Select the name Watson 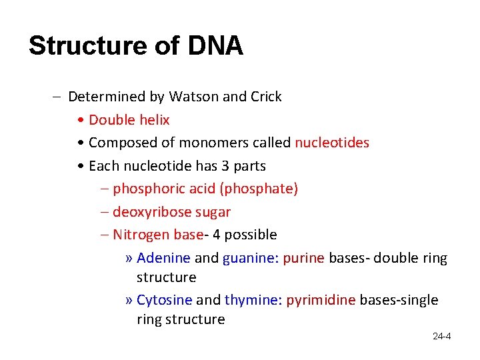pos(193,97)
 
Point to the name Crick pos(266,97)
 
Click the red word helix pos(153,120)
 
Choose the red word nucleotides pos(332,143)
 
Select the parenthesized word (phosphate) pos(259,189)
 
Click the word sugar pos(213,212)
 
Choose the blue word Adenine pos(163,258)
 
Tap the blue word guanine pos(249,258)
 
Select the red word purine pos(303,258)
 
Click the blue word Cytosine pos(164,300)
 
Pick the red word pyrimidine pos(321,300)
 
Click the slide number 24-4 pos(441,336)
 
